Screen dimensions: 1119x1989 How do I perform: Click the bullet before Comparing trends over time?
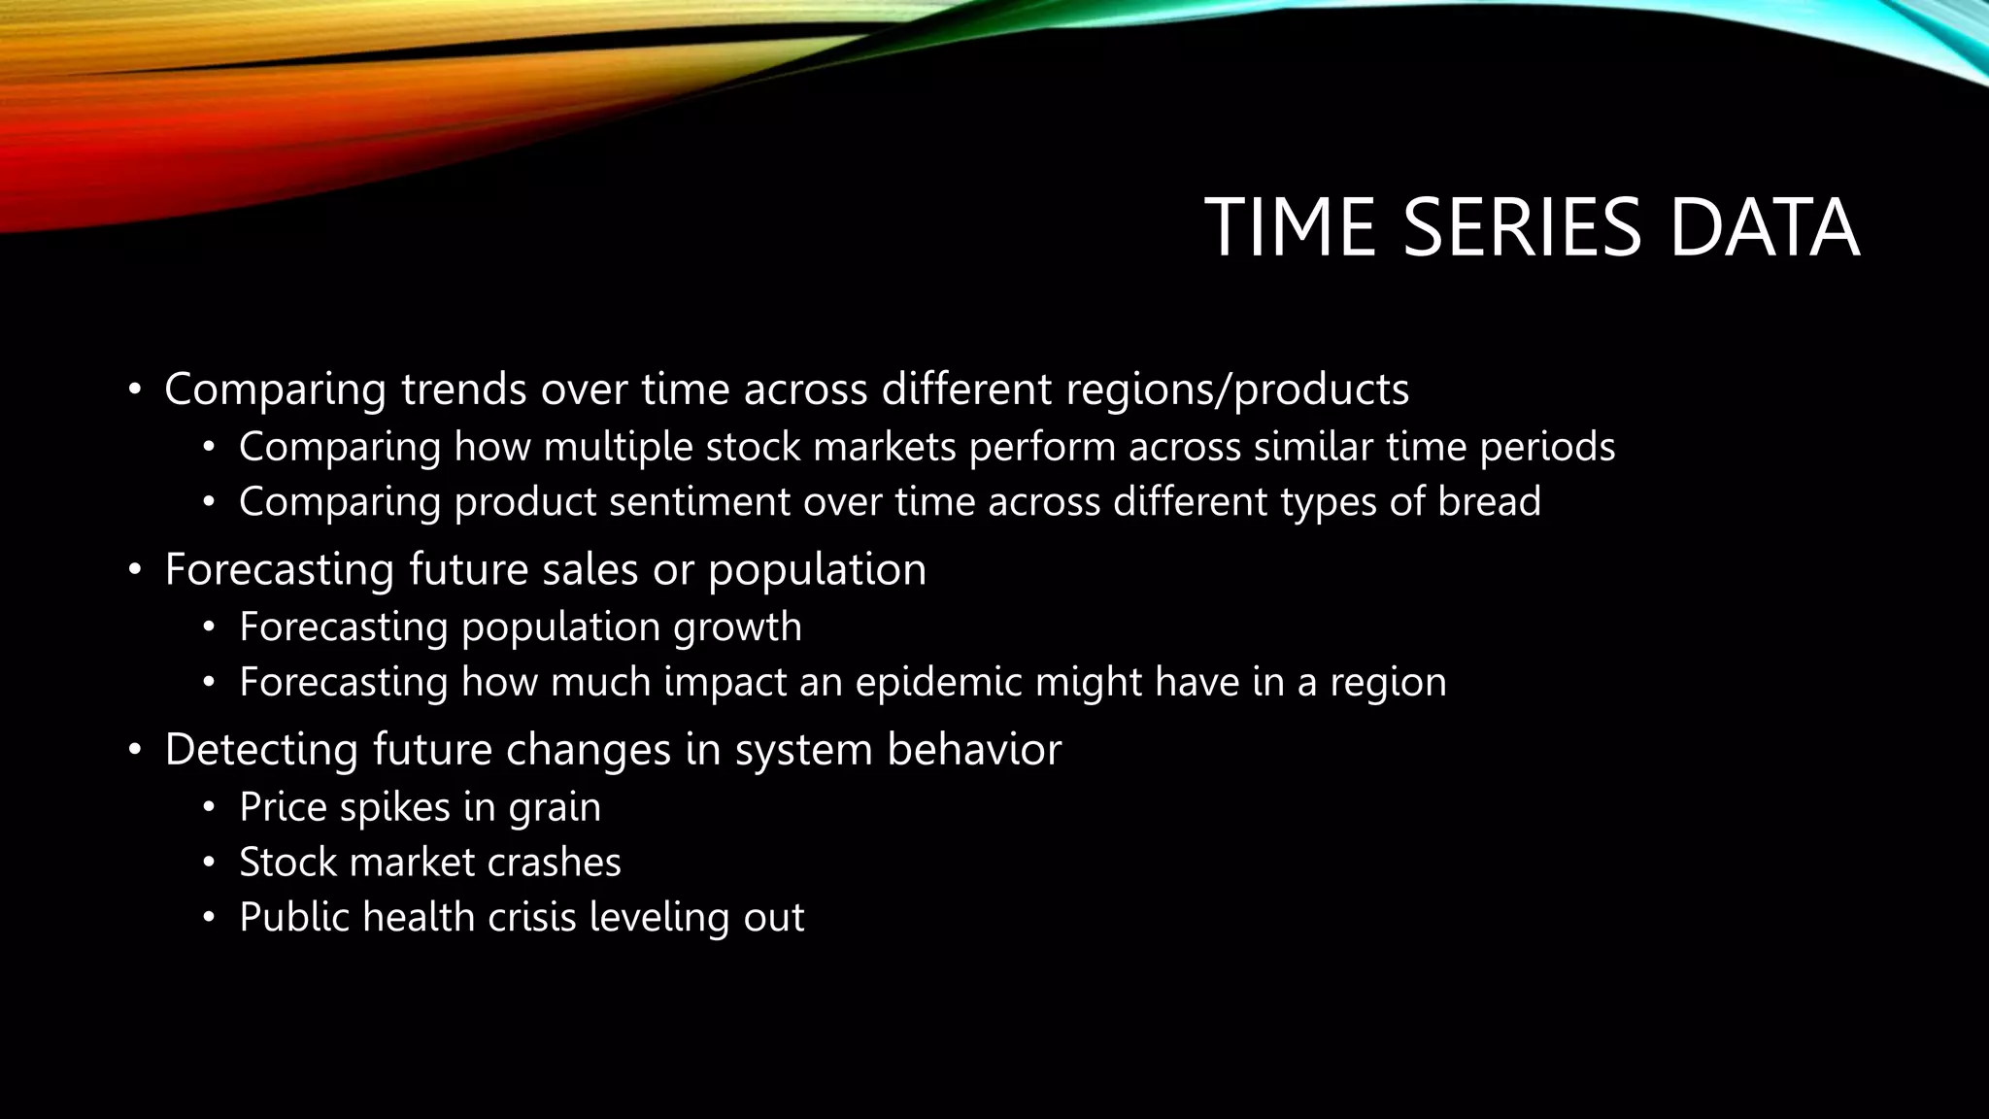point(135,390)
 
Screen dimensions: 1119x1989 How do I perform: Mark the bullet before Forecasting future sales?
point(135,570)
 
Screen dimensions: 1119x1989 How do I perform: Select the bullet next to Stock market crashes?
point(208,863)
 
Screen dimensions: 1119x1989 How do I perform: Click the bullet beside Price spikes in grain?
point(208,807)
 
